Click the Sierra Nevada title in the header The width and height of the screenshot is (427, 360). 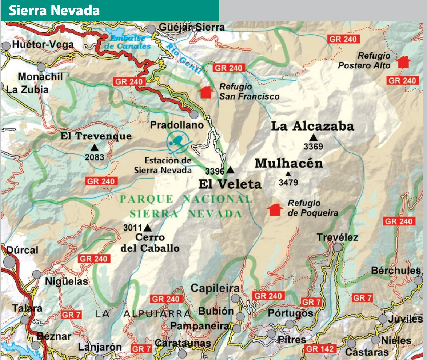(54, 11)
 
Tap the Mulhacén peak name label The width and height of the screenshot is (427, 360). (288, 163)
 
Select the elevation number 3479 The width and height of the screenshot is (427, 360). (288, 182)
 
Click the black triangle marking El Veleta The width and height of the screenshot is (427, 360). (230, 170)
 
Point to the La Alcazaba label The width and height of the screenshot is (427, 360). (312, 126)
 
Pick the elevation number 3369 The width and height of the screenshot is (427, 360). (313, 147)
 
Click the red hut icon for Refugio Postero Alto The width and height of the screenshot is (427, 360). (403, 62)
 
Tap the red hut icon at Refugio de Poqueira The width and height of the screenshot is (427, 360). (275, 209)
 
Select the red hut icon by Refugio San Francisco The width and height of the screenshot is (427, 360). (205, 92)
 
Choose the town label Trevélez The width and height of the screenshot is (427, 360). (337, 237)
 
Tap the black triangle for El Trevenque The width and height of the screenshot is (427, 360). (95, 147)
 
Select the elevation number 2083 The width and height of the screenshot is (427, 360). (95, 157)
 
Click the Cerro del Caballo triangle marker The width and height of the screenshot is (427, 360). (147, 228)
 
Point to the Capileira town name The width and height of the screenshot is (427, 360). (215, 288)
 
